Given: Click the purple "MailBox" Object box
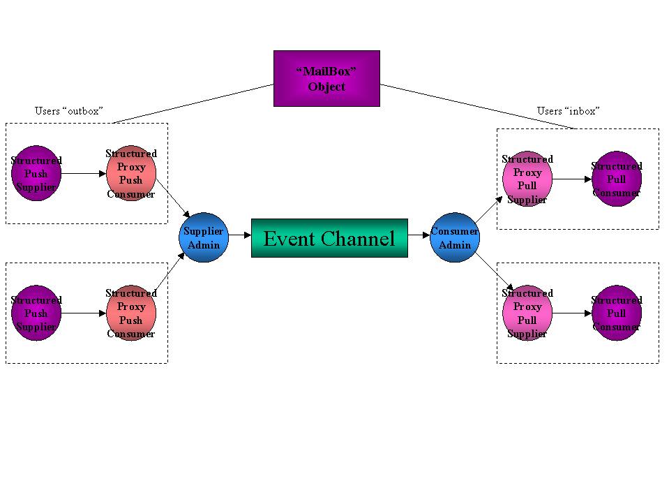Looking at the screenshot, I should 326,78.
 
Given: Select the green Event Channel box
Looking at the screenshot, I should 329,238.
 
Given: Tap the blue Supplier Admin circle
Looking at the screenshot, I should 204,238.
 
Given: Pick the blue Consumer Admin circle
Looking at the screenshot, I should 455,238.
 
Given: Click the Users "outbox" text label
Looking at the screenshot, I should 69,111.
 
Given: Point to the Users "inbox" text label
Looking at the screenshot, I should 569,111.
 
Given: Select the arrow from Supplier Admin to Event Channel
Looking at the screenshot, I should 239,235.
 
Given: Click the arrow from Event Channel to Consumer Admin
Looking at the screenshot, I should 419,235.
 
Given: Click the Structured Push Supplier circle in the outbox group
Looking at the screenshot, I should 36,173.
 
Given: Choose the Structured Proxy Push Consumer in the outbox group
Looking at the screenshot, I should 131,173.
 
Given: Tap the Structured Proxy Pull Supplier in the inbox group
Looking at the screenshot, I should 527,179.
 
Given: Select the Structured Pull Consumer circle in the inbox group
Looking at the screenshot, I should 617,179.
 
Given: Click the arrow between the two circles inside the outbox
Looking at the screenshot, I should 84,173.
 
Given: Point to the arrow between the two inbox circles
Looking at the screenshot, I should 572,179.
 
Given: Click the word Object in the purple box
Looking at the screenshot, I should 326,87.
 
